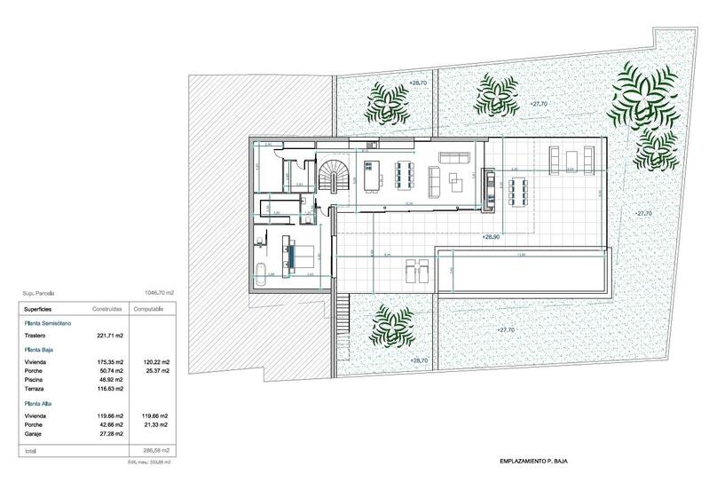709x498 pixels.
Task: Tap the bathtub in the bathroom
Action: pyautogui.click(x=261, y=274)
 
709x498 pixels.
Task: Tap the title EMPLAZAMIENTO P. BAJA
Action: pyautogui.click(x=527, y=462)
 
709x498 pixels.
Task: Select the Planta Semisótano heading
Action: pyautogui.click(x=51, y=324)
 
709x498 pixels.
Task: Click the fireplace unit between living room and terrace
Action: pyautogui.click(x=486, y=189)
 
